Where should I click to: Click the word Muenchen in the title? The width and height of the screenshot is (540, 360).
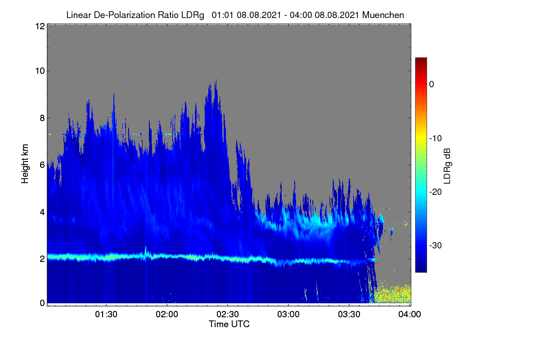tap(383, 15)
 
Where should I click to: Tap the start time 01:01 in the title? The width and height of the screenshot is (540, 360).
tap(222, 15)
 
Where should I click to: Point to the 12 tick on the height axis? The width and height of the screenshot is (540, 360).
tap(40, 26)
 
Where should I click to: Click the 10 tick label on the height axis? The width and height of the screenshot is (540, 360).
tap(40, 71)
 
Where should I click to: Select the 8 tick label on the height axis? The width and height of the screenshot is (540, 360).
tap(42, 118)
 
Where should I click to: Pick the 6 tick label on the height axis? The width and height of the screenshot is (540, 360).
tap(42, 165)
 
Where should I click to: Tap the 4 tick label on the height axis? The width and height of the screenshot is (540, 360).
tap(42, 212)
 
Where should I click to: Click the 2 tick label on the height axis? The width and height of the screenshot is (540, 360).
tap(42, 259)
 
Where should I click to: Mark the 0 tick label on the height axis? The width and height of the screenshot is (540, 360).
tap(42, 303)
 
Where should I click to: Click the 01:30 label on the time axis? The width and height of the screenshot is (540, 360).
tap(106, 314)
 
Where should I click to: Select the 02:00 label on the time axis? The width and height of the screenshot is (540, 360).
tap(167, 314)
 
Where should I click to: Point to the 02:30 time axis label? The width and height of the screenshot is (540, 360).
tap(228, 314)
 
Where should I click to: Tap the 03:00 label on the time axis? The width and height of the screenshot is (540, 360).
tap(288, 314)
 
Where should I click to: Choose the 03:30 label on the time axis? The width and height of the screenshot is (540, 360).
tap(349, 314)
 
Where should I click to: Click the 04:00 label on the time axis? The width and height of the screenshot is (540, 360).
tap(409, 314)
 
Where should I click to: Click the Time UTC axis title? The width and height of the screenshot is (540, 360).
tap(229, 324)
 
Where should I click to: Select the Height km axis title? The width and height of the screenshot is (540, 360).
tap(25, 164)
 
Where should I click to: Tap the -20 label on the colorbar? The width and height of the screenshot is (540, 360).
tap(436, 192)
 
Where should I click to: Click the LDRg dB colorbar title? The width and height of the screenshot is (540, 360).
tap(447, 166)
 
